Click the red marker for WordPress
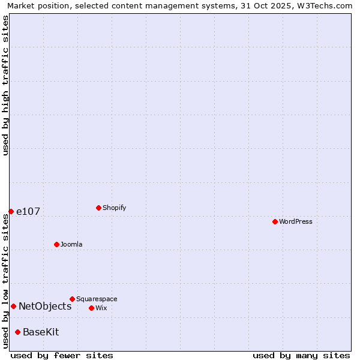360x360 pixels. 275,221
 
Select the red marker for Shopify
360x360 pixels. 98,208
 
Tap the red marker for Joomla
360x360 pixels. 56,244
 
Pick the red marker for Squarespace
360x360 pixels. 72,299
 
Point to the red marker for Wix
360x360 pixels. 91,308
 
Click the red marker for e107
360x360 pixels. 11,211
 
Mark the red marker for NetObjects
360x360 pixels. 13,306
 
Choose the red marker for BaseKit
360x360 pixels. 17,332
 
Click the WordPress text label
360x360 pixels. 296,222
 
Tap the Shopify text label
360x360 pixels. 115,208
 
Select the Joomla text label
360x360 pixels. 71,245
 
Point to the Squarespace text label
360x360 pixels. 97,299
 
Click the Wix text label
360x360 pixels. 101,308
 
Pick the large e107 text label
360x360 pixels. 28,212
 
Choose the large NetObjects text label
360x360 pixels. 45,307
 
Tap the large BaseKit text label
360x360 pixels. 41,332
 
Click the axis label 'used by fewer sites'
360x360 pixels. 62,355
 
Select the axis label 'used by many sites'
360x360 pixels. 301,355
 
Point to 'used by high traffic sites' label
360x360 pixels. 6,85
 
